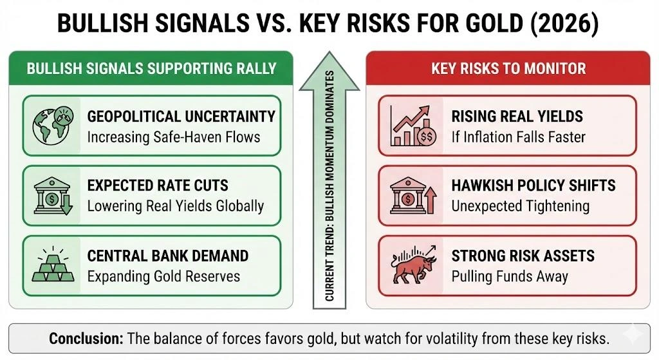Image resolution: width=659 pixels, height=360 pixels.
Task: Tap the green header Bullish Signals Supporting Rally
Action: pos(151,68)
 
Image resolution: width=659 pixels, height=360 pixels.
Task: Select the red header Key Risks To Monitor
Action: pos(508,68)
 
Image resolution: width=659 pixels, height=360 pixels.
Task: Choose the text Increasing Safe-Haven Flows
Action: pos(174,137)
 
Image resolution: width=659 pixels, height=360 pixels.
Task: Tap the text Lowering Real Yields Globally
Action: pos(176,206)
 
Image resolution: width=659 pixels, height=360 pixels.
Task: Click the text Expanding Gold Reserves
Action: pos(163,276)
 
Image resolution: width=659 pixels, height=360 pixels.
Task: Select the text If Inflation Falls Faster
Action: pos(518,137)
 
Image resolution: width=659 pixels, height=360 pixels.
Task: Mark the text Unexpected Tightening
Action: pos(520,206)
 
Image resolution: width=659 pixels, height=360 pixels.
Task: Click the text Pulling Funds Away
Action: pos(510,276)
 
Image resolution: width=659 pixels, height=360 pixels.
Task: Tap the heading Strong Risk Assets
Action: pos(523,256)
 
